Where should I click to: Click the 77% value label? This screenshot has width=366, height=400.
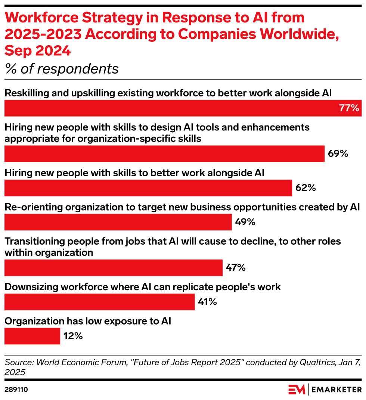349,108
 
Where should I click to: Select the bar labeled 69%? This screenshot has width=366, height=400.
164,154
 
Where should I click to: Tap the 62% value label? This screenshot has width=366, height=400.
305,188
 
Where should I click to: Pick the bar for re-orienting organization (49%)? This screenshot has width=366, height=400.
118,222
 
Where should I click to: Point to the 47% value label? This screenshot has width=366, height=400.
236,267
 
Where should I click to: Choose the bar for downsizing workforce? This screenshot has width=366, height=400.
99,302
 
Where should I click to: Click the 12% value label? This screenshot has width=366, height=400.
73,336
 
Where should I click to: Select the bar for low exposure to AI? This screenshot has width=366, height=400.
32,336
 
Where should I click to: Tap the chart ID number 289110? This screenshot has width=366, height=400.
16,390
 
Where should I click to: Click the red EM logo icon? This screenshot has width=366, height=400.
297,390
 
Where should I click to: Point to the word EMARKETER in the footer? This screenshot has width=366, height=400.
336,390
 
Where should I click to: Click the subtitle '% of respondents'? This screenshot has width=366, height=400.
62,69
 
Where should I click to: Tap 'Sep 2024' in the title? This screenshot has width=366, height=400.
38,50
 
